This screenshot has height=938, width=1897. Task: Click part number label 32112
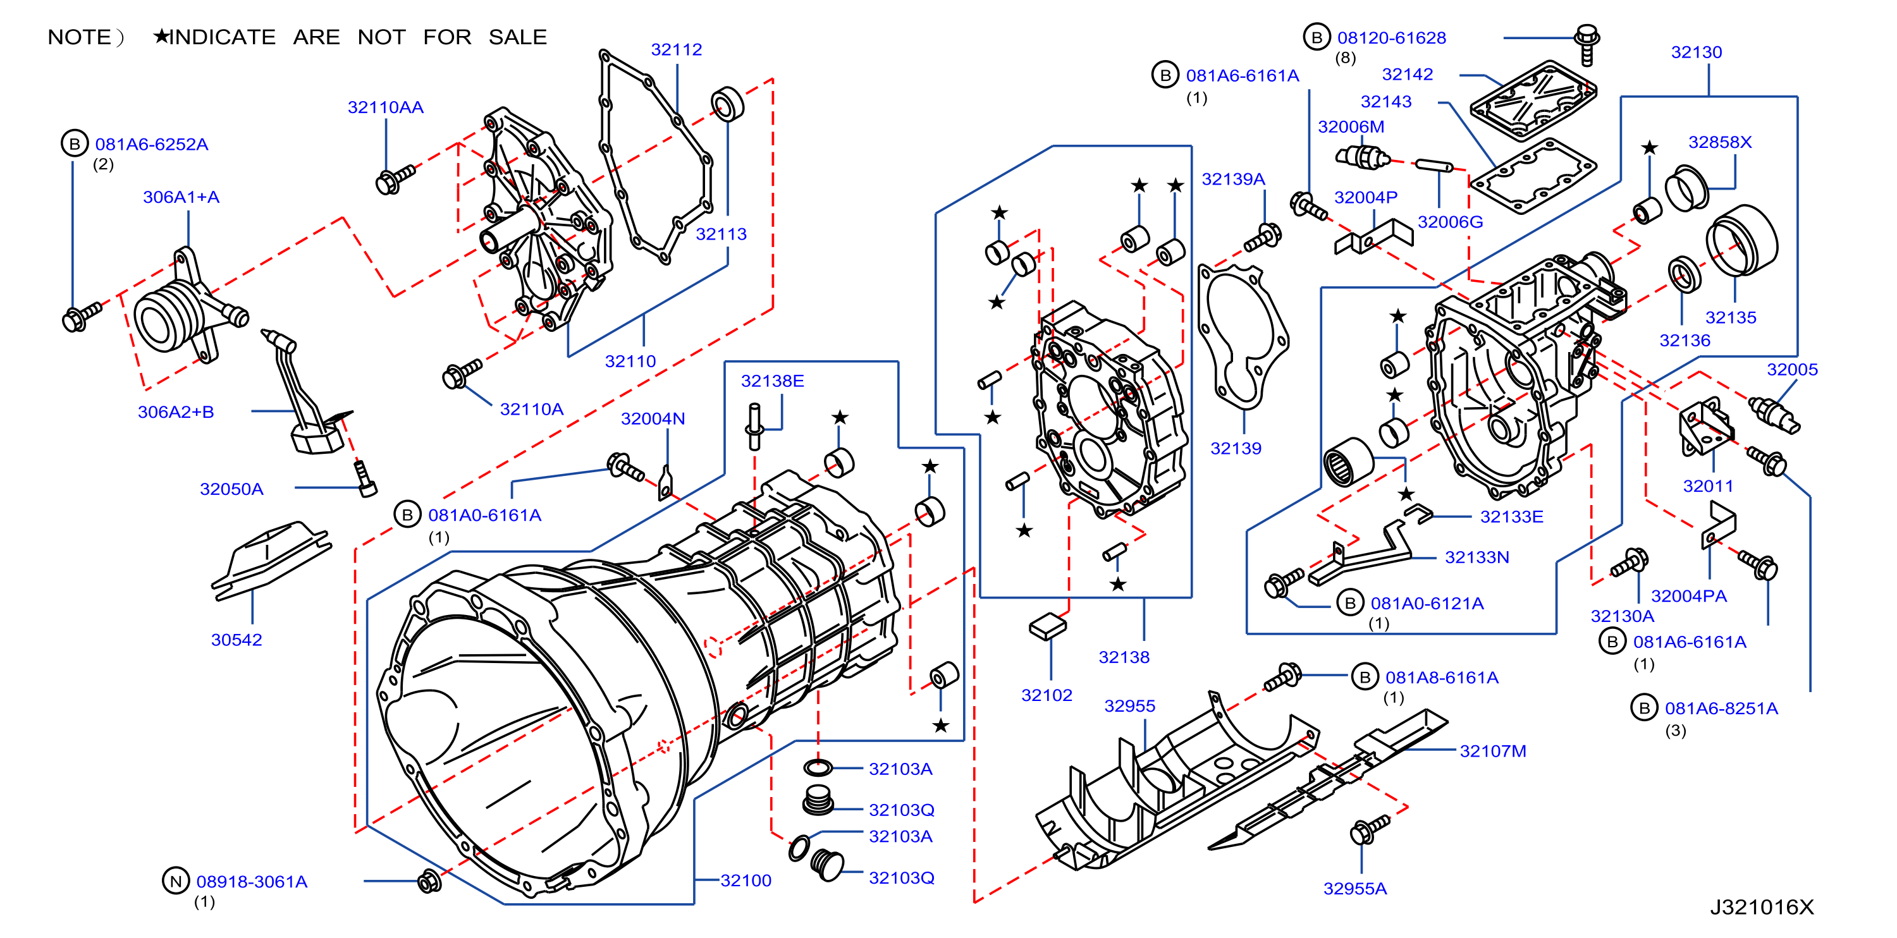(x=676, y=49)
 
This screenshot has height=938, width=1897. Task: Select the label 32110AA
(x=385, y=107)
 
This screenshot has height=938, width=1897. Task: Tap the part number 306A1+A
(x=181, y=197)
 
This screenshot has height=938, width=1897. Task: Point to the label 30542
(x=236, y=640)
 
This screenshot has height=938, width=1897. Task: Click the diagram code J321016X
(x=1762, y=907)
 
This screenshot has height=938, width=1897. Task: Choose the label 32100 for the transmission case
(x=746, y=880)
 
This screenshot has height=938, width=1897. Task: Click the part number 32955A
(x=1355, y=889)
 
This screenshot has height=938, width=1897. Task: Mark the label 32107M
(x=1493, y=751)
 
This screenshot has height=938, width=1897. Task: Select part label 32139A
(x=1234, y=179)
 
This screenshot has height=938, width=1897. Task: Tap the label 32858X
(x=1719, y=142)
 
